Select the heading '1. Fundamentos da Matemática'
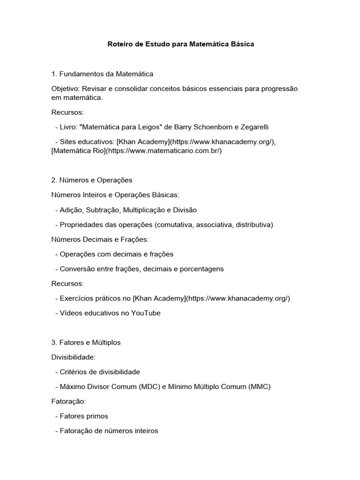point(102,74)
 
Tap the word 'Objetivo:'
point(65,89)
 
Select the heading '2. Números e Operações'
point(92,180)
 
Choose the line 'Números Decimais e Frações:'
point(100,240)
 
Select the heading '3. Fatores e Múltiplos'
point(86,343)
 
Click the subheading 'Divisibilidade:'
point(73,357)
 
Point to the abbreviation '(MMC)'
point(259,387)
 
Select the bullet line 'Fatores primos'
point(84,416)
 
